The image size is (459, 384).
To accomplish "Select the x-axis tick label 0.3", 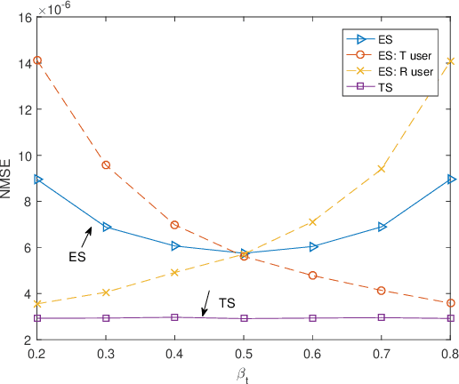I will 106,354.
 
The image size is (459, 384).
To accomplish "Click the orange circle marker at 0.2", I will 37,60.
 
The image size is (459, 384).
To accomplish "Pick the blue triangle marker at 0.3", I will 107,227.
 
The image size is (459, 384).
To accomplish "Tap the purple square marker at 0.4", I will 175,316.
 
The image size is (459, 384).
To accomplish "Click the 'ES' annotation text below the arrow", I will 77,257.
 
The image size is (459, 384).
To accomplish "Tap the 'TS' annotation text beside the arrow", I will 227,304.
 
